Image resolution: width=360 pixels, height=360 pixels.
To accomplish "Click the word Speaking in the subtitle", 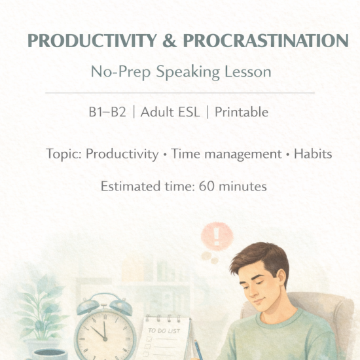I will click(x=196, y=72).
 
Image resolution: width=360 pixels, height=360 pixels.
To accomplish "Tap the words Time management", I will click(x=231, y=154).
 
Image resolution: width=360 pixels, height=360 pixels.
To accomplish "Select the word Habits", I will click(x=312, y=154).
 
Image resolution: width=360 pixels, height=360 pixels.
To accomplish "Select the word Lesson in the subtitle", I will click(x=247, y=72).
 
